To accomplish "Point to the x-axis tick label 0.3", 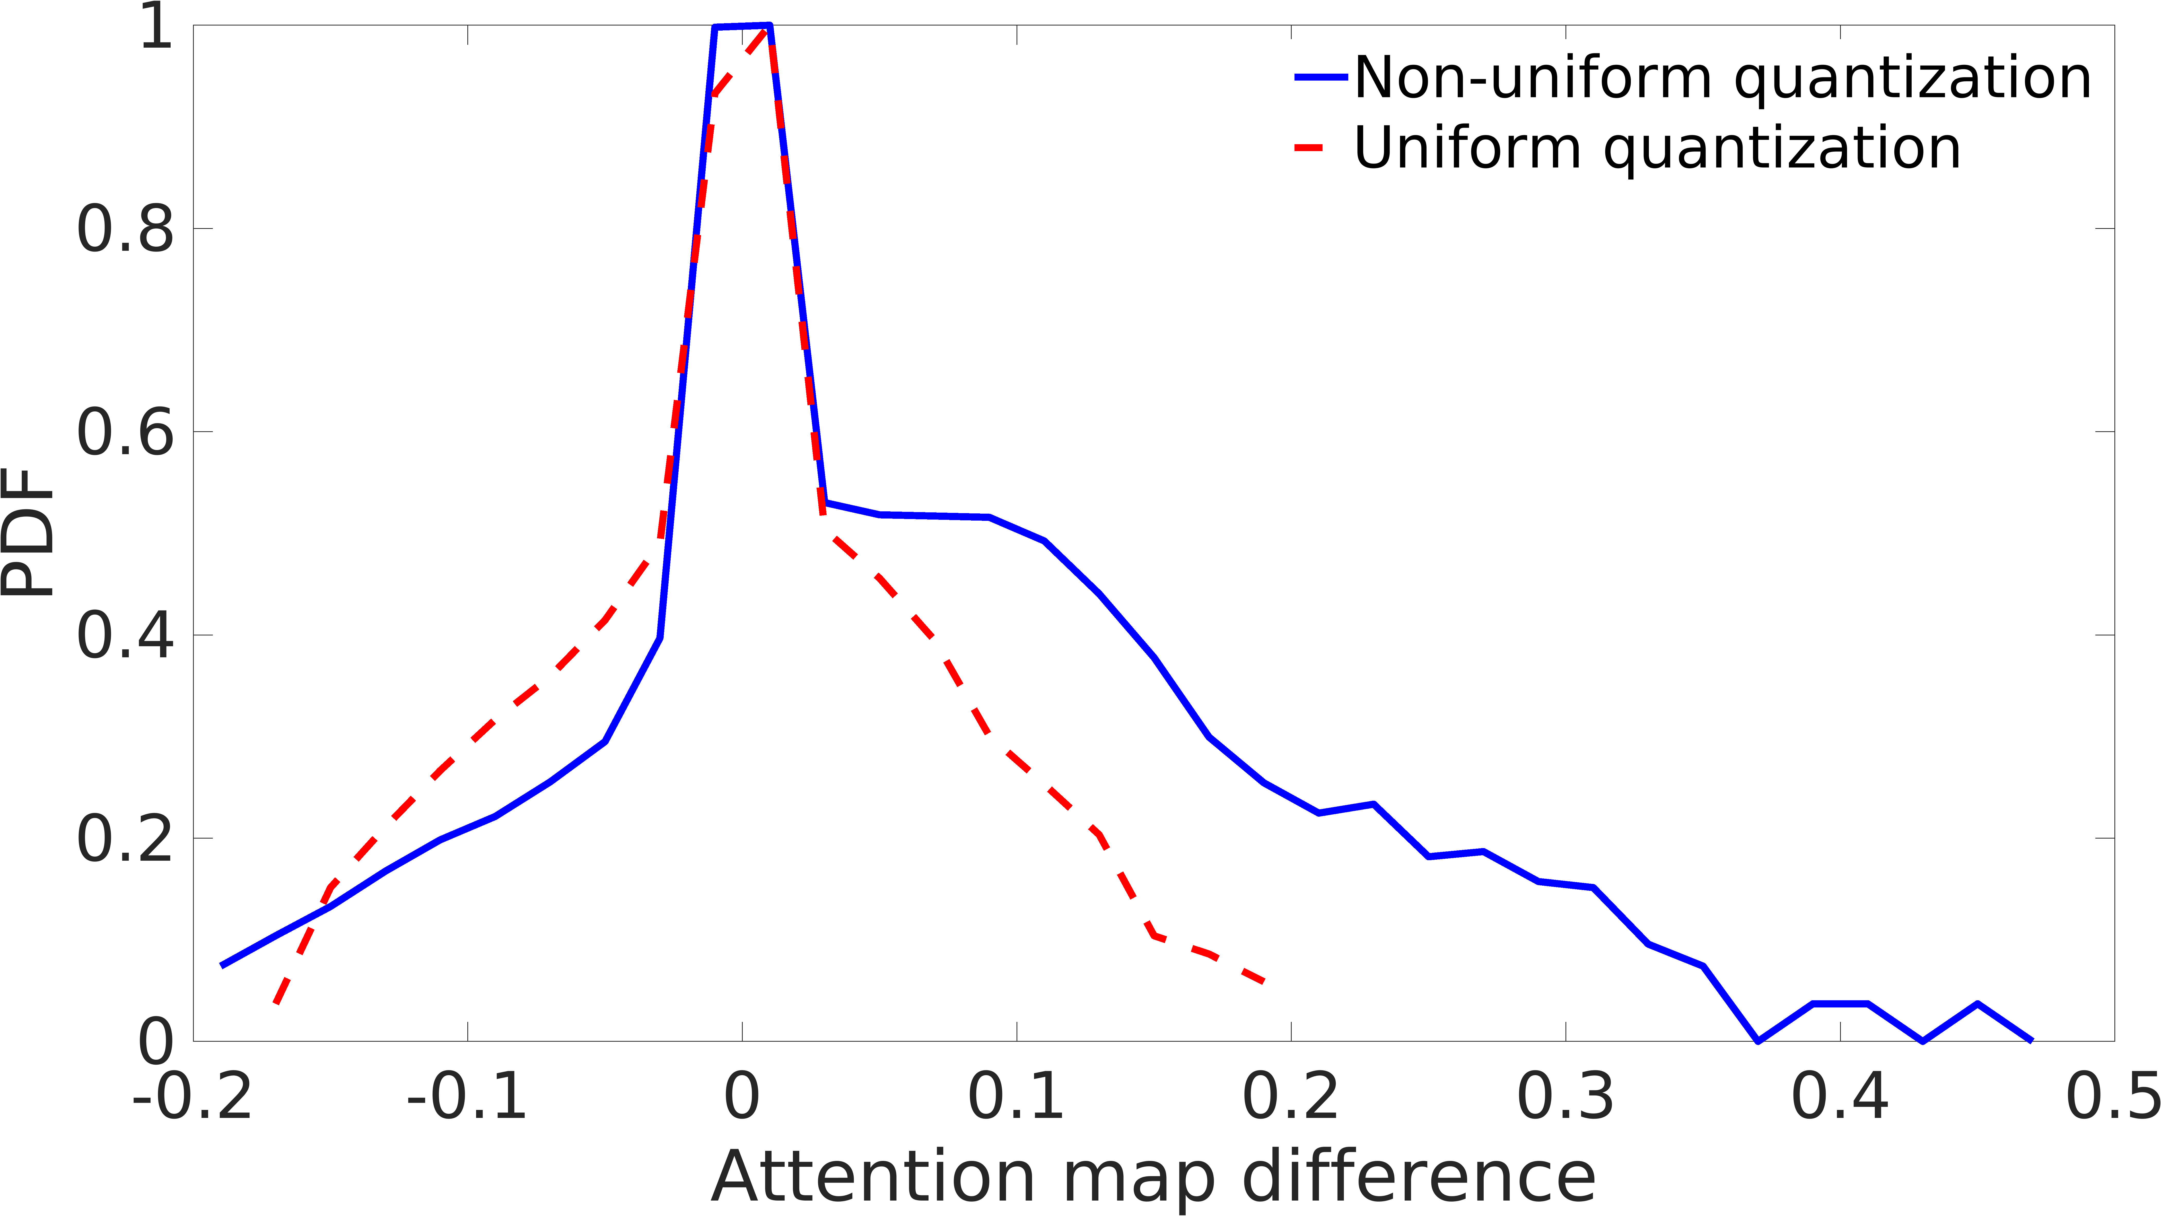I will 1565,1096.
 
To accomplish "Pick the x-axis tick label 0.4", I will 1840,1096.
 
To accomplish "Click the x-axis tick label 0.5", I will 2112,1096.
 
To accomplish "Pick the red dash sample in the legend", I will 1309,149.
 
